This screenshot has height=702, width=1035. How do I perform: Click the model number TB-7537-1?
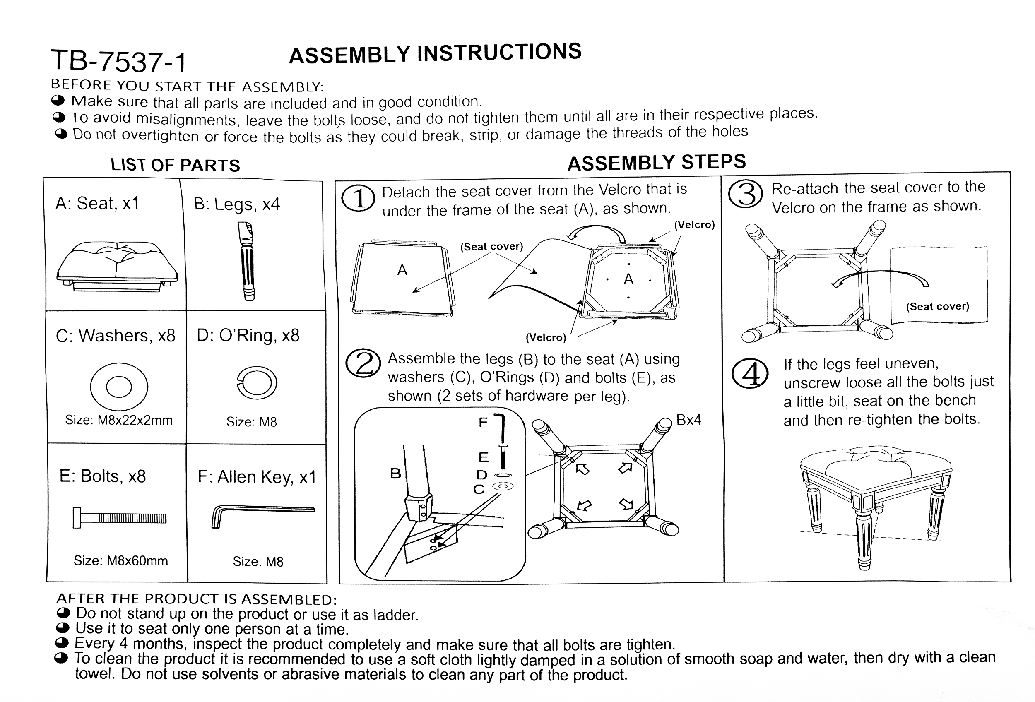[118, 61]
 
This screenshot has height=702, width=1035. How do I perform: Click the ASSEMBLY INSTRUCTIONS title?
[435, 54]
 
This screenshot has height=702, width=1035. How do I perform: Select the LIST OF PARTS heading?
[175, 165]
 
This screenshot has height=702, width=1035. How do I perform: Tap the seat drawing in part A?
[117, 267]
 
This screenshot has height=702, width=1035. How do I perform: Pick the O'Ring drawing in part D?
[257, 383]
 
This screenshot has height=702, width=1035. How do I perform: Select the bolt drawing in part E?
[119, 518]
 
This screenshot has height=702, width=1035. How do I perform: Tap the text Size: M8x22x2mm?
[119, 420]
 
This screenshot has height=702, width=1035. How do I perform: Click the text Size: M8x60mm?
[121, 560]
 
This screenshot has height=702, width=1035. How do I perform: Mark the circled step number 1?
[358, 199]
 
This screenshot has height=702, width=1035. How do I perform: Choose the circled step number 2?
[363, 363]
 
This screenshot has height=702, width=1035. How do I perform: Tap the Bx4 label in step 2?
[688, 420]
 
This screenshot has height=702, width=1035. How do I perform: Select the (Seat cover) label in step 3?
[937, 306]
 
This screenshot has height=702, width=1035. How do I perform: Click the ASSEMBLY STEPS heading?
[657, 163]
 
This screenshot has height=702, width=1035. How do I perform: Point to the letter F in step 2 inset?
[483, 422]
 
